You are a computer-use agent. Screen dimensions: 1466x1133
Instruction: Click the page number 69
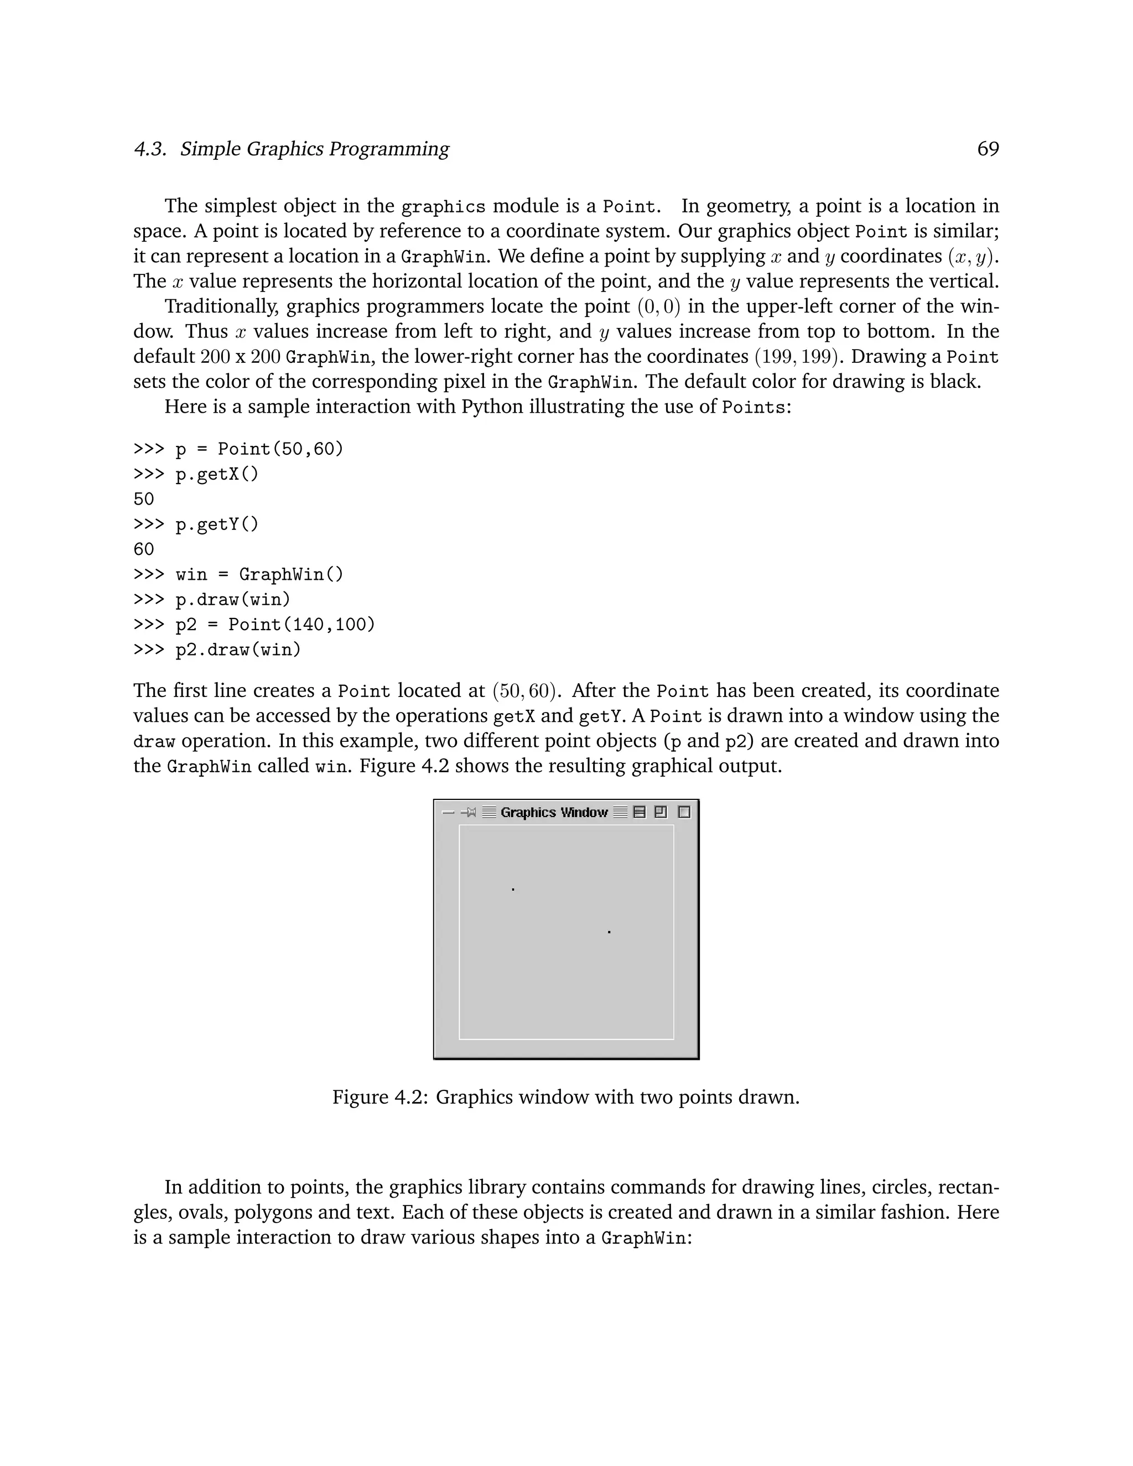pos(988,149)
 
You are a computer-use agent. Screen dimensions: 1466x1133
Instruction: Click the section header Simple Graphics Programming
pos(314,149)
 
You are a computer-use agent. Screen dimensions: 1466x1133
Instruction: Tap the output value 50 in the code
pos(144,500)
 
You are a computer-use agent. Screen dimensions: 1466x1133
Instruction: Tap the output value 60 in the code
pos(144,550)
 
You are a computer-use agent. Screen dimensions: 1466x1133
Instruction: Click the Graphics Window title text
pos(554,812)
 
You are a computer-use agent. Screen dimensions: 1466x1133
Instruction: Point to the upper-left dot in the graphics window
pos(513,890)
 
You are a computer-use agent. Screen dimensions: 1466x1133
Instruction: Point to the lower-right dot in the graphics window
pos(609,932)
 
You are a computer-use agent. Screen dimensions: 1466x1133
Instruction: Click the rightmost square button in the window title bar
pos(684,812)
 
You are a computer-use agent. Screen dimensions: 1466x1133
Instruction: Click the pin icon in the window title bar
pos(469,812)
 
